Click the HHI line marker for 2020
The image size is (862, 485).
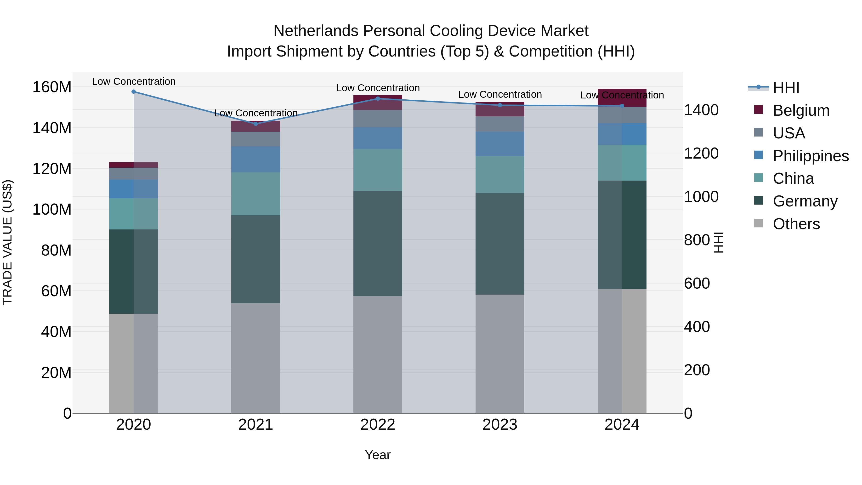pos(134,92)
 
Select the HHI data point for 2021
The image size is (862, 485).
pos(256,124)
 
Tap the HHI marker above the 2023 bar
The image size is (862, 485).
pos(500,105)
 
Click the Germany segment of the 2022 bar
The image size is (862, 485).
pos(378,244)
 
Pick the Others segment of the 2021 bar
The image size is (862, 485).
pos(256,358)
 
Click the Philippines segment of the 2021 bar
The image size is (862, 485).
pos(256,159)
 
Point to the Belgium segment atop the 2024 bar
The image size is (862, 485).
pos(622,98)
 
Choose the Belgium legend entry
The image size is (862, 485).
pos(801,110)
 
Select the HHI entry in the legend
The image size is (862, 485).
pos(786,88)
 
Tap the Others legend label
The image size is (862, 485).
pos(796,224)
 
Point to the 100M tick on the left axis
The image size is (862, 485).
pos(52,210)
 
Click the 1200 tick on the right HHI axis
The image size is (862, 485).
pos(701,153)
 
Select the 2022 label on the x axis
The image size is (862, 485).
pos(378,425)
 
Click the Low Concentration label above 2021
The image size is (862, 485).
pos(256,113)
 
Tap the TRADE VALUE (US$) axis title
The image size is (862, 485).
pos(7,242)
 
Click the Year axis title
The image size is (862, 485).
pos(378,455)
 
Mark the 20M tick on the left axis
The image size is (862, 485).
pos(56,372)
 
